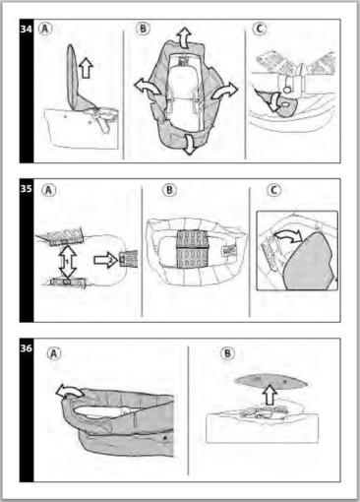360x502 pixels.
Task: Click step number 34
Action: [x=27, y=29]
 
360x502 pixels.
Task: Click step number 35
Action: [x=27, y=189]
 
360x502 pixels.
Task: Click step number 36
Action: [x=27, y=347]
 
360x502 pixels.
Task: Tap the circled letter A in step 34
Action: [x=45, y=29]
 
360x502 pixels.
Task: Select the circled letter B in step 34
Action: [x=143, y=29]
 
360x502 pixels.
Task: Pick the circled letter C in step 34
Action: [x=259, y=29]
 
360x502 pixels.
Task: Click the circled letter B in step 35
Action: [x=169, y=190]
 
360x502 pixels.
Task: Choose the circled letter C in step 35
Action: [x=273, y=190]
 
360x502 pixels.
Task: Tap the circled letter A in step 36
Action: [x=54, y=353]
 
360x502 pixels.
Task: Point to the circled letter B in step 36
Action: [x=227, y=353]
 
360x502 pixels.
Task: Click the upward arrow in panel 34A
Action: [x=86, y=67]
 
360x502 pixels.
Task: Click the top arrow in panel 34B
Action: [x=184, y=38]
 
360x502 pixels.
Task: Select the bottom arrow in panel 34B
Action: [x=188, y=144]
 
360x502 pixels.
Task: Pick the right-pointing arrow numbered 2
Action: [x=105, y=260]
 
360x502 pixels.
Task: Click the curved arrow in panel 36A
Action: [x=69, y=390]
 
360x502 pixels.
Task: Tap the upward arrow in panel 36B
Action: [x=270, y=396]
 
